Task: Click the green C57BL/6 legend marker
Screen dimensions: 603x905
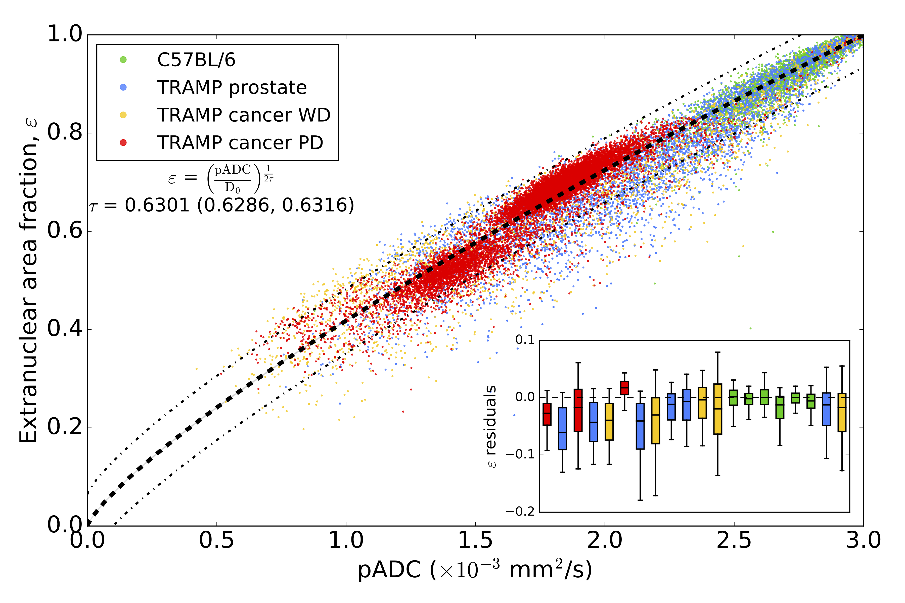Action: click(x=123, y=60)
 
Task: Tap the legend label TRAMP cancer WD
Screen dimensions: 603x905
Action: click(x=244, y=115)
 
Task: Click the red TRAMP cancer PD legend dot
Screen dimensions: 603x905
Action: click(x=123, y=143)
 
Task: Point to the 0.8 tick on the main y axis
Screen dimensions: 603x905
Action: click(x=65, y=132)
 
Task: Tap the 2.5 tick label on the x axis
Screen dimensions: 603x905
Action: click(x=734, y=540)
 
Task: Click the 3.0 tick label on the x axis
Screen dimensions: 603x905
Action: click(x=863, y=540)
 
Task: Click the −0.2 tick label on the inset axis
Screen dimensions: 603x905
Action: click(x=520, y=512)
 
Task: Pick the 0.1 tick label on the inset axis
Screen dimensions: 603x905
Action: click(x=525, y=340)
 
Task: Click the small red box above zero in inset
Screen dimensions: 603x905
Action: click(x=624, y=388)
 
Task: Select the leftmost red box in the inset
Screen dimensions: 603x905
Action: click(x=547, y=414)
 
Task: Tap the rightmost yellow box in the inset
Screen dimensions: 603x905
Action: click(x=842, y=412)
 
